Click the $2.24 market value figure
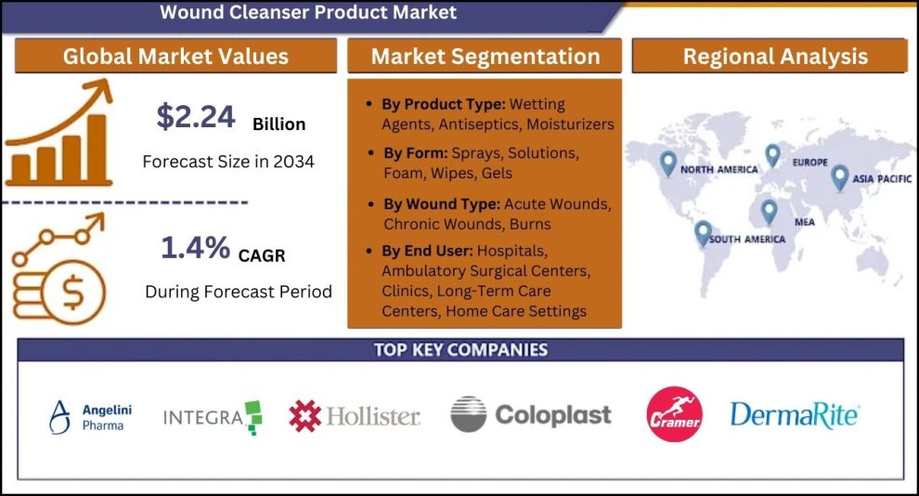[x=196, y=116]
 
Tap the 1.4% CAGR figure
[x=195, y=247]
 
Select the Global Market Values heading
[x=175, y=57]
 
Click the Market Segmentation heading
[x=485, y=57]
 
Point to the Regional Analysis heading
[x=775, y=57]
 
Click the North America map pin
[x=667, y=163]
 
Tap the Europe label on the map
[x=810, y=162]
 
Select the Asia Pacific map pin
[x=840, y=177]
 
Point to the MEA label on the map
[x=804, y=222]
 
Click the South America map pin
[x=703, y=233]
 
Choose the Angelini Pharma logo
[x=91, y=417]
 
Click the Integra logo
[x=213, y=417]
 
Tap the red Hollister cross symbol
[x=304, y=416]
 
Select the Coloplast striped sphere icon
[x=468, y=414]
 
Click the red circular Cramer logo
[x=674, y=414]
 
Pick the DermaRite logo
[x=795, y=415]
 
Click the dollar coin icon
[x=74, y=292]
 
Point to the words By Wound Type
[x=442, y=204]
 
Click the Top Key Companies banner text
[x=460, y=350]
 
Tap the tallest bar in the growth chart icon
[x=97, y=148]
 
